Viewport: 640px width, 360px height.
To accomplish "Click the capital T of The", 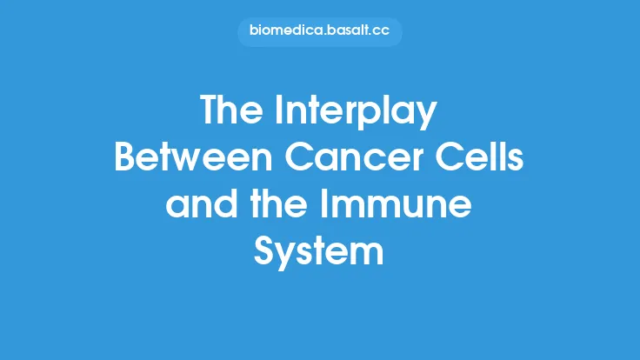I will click(x=210, y=110).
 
